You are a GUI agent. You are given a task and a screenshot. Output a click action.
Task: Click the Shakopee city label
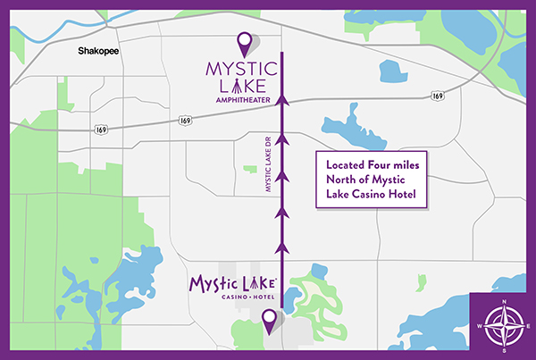(x=98, y=52)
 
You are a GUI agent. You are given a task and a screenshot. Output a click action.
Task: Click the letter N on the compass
(x=505, y=301)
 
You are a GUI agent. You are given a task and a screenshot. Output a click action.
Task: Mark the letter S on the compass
(x=505, y=350)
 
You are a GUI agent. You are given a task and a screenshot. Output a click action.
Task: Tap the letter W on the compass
(x=480, y=325)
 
